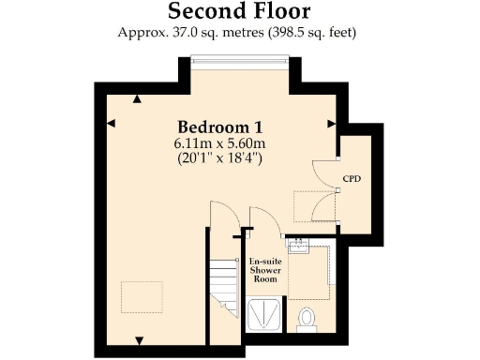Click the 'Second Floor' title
pyautogui.click(x=239, y=11)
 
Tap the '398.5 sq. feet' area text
pyautogui.click(x=315, y=33)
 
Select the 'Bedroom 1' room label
pyautogui.click(x=219, y=127)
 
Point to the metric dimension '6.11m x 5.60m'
pyautogui.click(x=219, y=143)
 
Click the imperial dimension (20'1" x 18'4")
pyautogui.click(x=219, y=158)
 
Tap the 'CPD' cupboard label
pyautogui.click(x=352, y=177)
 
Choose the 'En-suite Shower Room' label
pyautogui.click(x=264, y=269)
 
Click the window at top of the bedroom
pyautogui.click(x=239, y=62)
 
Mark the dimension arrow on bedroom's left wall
pyautogui.click(x=111, y=123)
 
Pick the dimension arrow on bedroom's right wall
pyautogui.click(x=330, y=123)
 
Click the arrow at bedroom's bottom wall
pyautogui.click(x=139, y=339)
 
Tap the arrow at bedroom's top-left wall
pyautogui.click(x=138, y=97)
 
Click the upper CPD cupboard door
pyautogui.click(x=326, y=170)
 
